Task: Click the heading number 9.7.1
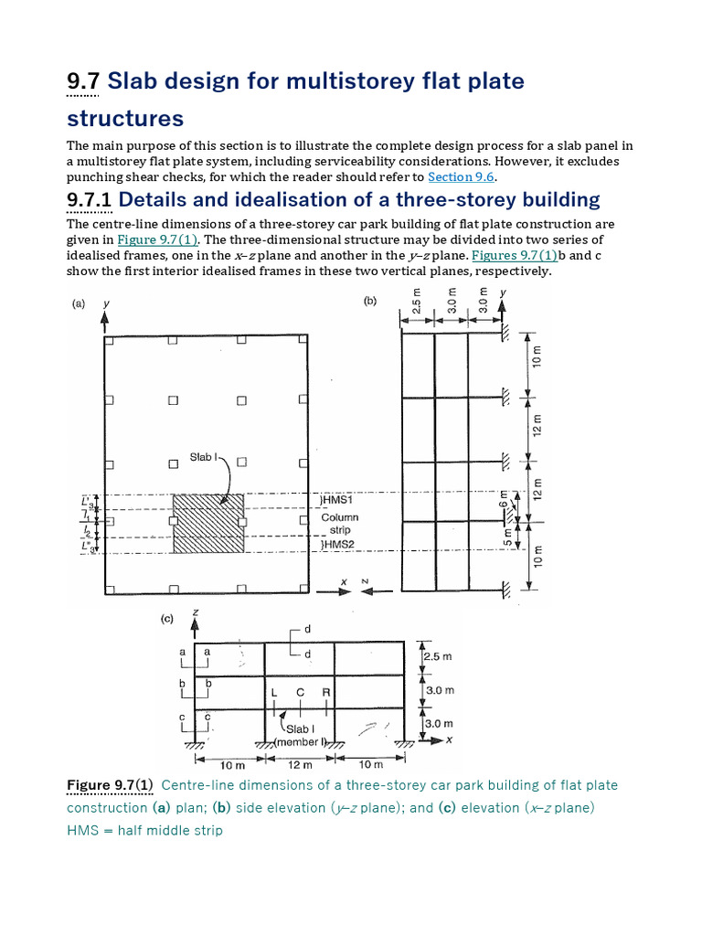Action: (90, 199)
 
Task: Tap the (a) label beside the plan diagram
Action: (80, 306)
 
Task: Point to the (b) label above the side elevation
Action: (370, 300)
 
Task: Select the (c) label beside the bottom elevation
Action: (167, 619)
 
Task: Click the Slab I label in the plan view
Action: (203, 457)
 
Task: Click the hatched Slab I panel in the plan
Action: (208, 524)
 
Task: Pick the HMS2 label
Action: (337, 544)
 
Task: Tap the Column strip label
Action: (339, 523)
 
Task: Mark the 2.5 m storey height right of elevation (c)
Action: (439, 656)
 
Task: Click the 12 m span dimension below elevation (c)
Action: (300, 764)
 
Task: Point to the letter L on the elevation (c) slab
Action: (272, 693)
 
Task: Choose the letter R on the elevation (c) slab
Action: (325, 693)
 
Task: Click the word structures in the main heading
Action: (125, 119)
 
